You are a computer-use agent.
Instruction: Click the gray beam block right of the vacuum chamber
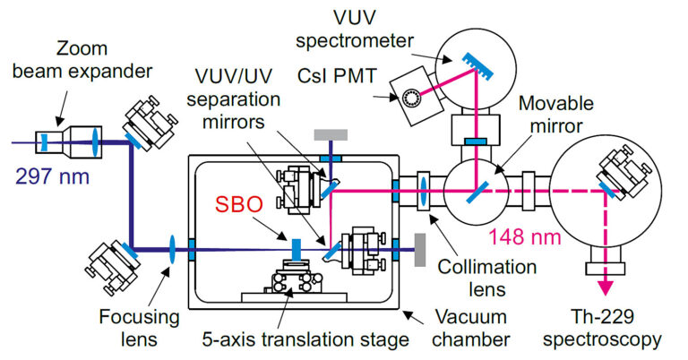coord(419,248)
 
